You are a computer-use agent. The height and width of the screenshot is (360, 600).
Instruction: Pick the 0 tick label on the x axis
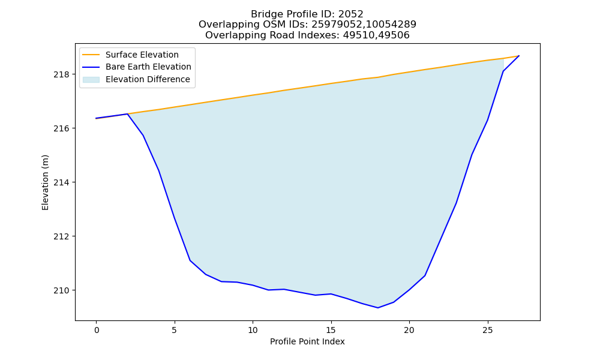[97, 330]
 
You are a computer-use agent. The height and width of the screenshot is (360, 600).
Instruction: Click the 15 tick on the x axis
[331, 330]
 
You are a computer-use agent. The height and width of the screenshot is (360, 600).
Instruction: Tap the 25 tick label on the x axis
[487, 330]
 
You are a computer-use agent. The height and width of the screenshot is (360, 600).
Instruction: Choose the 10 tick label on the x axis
[253, 330]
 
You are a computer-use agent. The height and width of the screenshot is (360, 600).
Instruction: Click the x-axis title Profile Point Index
[307, 341]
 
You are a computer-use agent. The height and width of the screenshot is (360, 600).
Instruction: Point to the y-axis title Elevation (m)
[45, 182]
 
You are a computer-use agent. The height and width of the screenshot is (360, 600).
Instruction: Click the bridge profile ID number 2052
[351, 14]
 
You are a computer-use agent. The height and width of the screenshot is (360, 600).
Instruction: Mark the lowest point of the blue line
[378, 308]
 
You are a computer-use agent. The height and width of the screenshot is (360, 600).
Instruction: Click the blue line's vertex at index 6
[190, 260]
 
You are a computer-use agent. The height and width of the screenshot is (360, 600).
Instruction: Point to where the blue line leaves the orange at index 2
[127, 114]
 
